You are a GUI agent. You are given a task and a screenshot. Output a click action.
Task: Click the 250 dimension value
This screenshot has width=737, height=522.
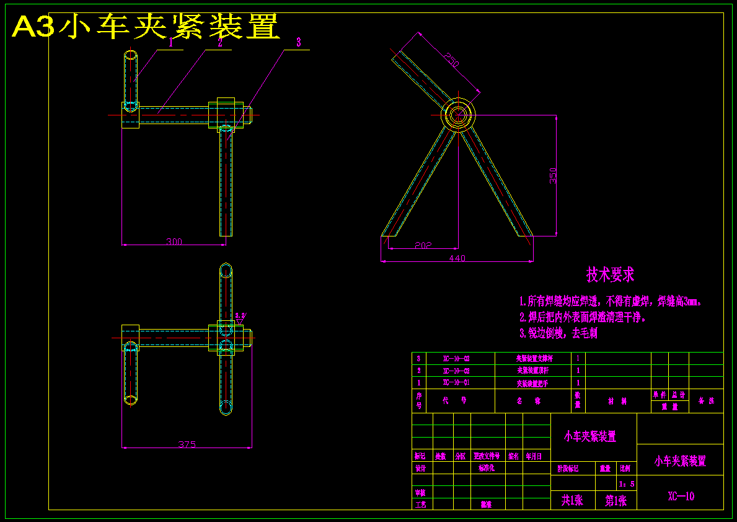[451, 61]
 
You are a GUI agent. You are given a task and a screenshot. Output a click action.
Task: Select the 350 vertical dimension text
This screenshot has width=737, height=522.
[554, 176]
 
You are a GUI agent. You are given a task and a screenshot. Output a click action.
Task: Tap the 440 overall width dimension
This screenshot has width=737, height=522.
[457, 258]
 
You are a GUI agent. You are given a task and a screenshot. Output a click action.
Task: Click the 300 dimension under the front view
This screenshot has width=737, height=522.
[174, 241]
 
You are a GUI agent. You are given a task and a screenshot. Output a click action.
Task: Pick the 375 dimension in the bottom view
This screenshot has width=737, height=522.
[187, 444]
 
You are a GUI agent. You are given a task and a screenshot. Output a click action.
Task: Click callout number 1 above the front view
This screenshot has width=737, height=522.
[172, 42]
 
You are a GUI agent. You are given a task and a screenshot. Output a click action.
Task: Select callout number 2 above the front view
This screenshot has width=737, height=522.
[219, 42]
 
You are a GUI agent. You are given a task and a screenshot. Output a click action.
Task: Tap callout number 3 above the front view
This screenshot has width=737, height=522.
[298, 42]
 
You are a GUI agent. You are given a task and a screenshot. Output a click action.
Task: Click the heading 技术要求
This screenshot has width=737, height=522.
[611, 274]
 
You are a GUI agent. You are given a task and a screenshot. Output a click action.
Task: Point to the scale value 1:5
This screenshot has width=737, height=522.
[627, 484]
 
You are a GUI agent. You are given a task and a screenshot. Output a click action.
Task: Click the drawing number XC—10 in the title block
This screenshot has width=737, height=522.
[681, 496]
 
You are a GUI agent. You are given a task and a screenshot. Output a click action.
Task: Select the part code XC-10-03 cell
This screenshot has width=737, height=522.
[456, 359]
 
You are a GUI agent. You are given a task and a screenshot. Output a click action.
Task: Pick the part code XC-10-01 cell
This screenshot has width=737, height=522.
[456, 383]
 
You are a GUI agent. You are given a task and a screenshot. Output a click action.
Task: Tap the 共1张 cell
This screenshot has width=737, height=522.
[573, 500]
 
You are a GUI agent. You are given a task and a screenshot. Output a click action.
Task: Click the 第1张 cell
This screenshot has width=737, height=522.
[616, 500]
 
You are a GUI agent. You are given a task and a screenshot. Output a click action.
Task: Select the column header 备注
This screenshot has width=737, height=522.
[706, 401]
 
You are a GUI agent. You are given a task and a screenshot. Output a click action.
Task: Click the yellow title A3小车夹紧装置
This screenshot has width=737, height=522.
[146, 26]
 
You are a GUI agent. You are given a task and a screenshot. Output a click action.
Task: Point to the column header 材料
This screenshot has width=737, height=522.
[617, 401]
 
